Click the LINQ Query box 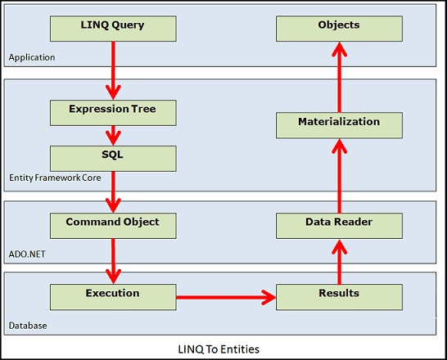tap(113, 29)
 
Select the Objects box tap(339, 29)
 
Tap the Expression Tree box tap(113, 113)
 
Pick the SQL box tap(113, 159)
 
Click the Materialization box tap(339, 125)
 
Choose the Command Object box tap(113, 226)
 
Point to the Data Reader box tap(339, 226)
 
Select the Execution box tap(113, 297)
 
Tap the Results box tap(339, 297)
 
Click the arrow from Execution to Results tap(226, 297)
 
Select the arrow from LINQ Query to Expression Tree tap(113, 70)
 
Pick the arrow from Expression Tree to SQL tap(113, 136)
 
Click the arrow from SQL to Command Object tap(113, 192)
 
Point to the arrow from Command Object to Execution tap(113, 262)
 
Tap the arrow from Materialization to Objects tap(339, 77)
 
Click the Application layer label tap(32, 57)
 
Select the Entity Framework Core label tap(55, 178)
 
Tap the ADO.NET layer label tap(27, 254)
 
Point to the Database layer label tap(28, 326)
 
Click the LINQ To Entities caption tap(219, 349)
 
